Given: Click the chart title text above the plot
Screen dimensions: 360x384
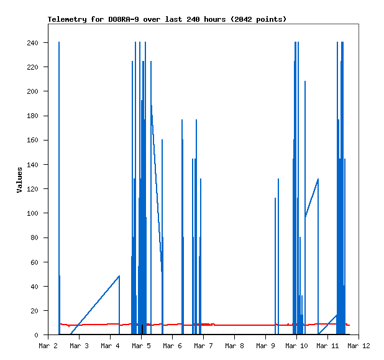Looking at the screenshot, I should pyautogui.click(x=167, y=19).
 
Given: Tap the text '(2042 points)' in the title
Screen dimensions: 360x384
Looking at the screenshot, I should pyautogui.click(x=258, y=19).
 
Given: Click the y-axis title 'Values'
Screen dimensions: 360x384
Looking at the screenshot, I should pyautogui.click(x=19, y=179).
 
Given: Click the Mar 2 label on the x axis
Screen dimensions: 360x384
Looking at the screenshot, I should pyautogui.click(x=48, y=346).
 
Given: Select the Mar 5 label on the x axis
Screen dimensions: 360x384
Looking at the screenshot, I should pyautogui.click(x=141, y=346).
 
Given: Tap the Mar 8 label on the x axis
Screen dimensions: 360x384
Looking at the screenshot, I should pyautogui.click(x=234, y=346).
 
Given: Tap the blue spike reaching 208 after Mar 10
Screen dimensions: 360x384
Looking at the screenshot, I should pyautogui.click(x=305, y=124).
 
